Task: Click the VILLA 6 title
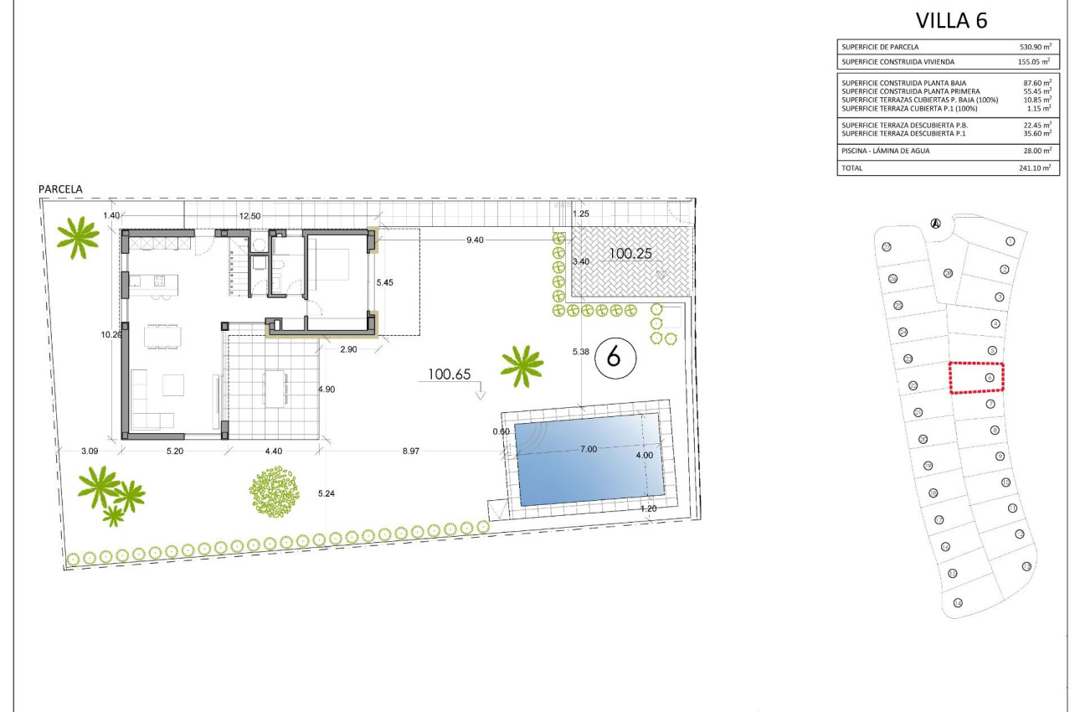(x=951, y=21)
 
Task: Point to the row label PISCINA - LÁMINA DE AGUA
(x=886, y=151)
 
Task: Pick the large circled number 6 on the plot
(x=615, y=358)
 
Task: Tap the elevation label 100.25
(x=630, y=251)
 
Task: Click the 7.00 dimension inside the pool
(x=589, y=449)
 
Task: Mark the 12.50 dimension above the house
(x=249, y=216)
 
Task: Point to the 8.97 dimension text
(x=410, y=451)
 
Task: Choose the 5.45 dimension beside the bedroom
(x=385, y=282)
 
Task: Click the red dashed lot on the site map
(x=976, y=378)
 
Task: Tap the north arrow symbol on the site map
(x=935, y=223)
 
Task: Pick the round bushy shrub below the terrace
(x=274, y=491)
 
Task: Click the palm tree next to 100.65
(x=522, y=366)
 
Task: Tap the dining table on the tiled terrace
(x=275, y=387)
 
